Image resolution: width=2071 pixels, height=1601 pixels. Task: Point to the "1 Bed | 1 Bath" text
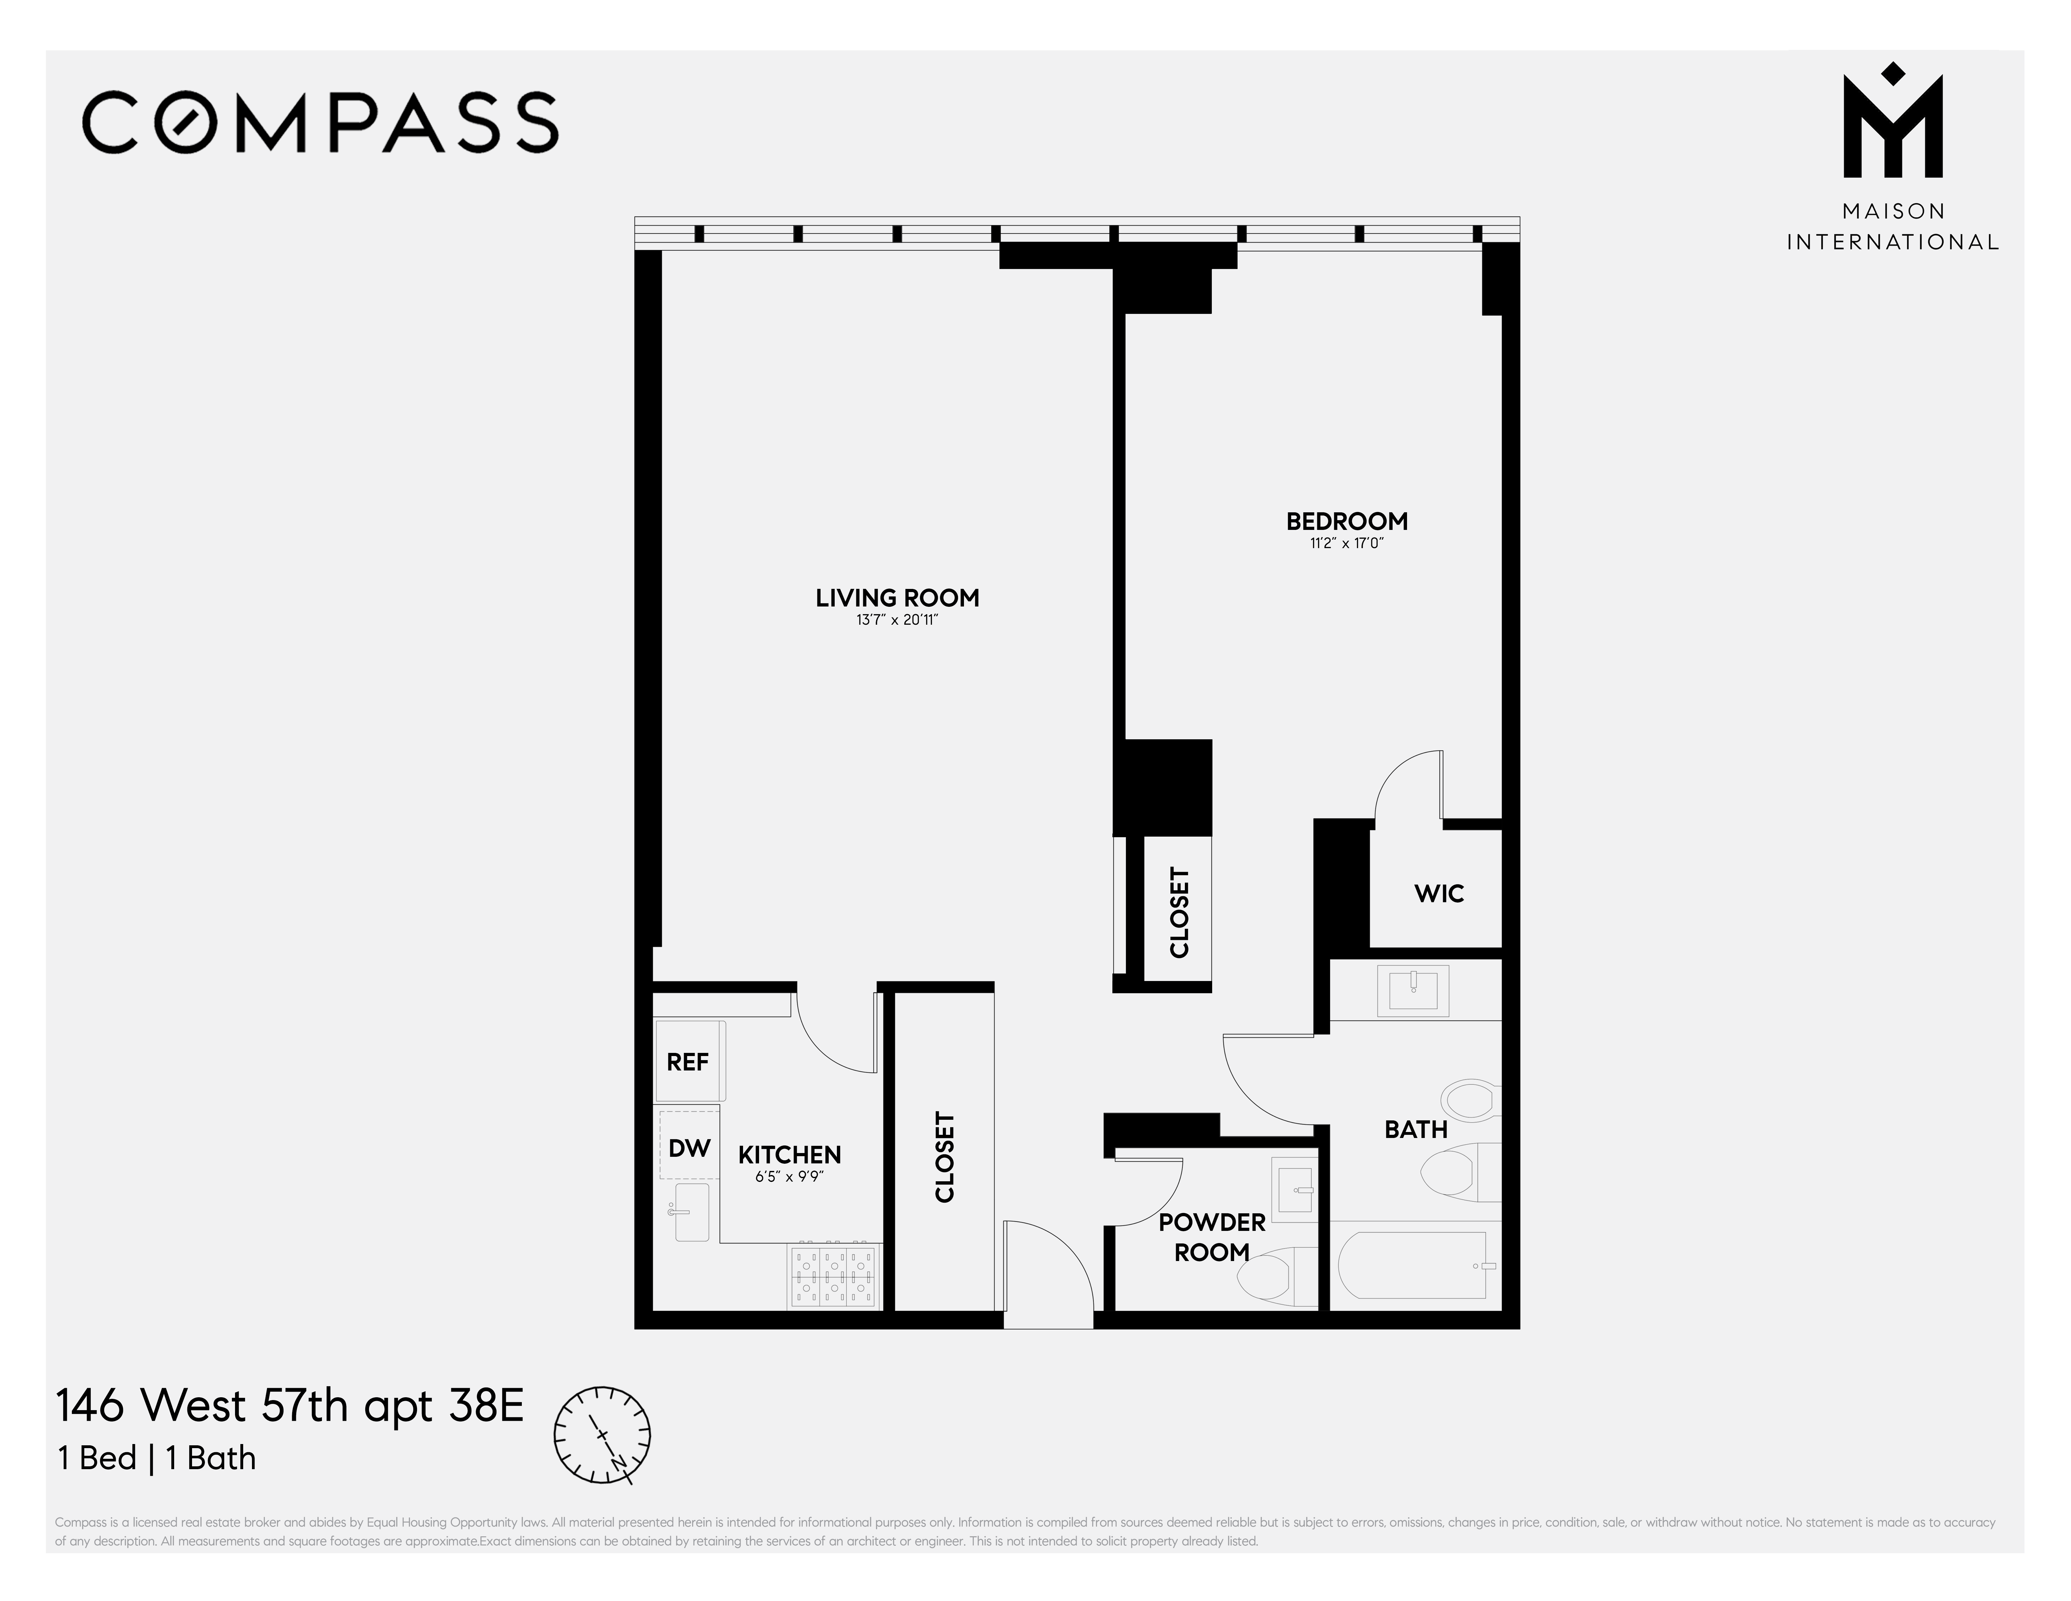click(x=157, y=1458)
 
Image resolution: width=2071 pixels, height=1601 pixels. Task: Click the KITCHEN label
click(x=789, y=1154)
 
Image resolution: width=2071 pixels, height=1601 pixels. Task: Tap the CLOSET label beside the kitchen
click(x=945, y=1157)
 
